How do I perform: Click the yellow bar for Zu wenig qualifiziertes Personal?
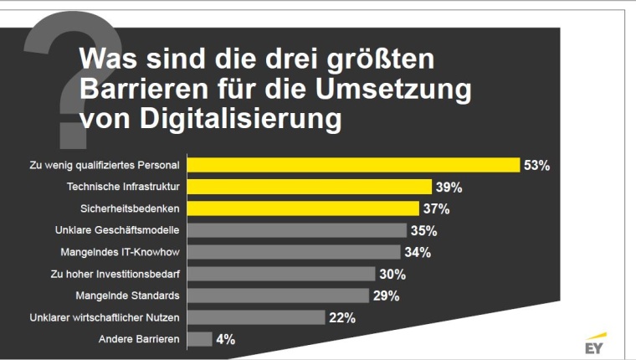coord(352,164)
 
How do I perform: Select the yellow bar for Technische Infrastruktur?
coord(309,186)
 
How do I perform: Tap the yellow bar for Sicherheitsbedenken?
coord(302,208)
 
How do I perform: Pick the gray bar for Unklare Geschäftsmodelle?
coord(296,229)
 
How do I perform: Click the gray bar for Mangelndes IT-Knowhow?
coord(293,251)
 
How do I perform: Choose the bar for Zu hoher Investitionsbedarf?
coord(280,273)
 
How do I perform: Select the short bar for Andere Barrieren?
coord(199,339)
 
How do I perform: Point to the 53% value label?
coord(536,165)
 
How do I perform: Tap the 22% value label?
coord(342,317)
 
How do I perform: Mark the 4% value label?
coord(226,339)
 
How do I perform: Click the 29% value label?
coord(386,296)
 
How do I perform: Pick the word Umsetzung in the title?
coord(399,90)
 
